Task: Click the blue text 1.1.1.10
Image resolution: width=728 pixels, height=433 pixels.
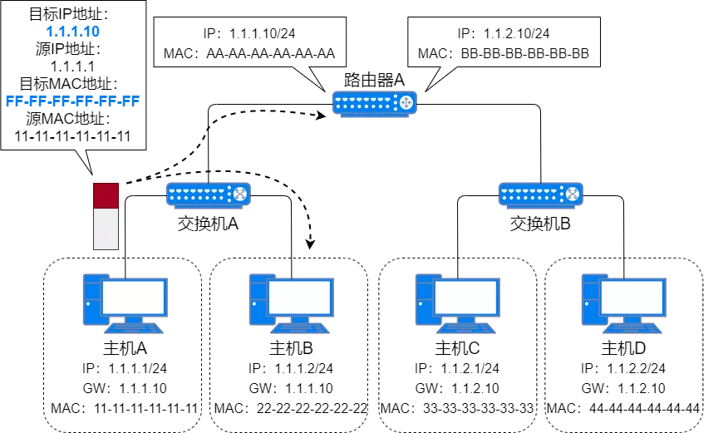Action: pos(73,32)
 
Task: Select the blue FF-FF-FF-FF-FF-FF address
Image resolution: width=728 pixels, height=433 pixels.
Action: pos(72,101)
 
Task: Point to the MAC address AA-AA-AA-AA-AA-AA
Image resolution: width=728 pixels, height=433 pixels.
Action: pos(249,55)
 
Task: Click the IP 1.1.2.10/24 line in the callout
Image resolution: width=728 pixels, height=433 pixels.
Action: pos(504,34)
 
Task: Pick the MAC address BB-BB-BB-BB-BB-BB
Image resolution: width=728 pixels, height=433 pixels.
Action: pos(504,55)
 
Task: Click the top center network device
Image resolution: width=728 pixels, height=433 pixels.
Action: pos(374,103)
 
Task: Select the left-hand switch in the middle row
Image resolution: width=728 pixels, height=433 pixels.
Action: pos(208,194)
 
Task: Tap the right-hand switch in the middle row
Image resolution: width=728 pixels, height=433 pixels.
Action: pos(540,194)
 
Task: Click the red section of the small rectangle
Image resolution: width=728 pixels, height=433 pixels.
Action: pos(106,195)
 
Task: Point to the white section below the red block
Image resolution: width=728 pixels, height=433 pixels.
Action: pos(106,229)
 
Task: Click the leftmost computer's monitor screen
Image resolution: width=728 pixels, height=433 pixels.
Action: pos(134,297)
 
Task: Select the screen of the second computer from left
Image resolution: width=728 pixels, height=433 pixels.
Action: pos(300,297)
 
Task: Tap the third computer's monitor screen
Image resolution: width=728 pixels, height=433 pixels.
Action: pos(466,297)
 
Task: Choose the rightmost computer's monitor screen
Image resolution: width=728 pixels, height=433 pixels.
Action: pos(632,297)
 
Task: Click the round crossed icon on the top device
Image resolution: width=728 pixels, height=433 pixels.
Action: pos(406,103)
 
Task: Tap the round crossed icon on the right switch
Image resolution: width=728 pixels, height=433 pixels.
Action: pos(572,194)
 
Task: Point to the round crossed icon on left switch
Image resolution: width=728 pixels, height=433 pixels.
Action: pos(239,194)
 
